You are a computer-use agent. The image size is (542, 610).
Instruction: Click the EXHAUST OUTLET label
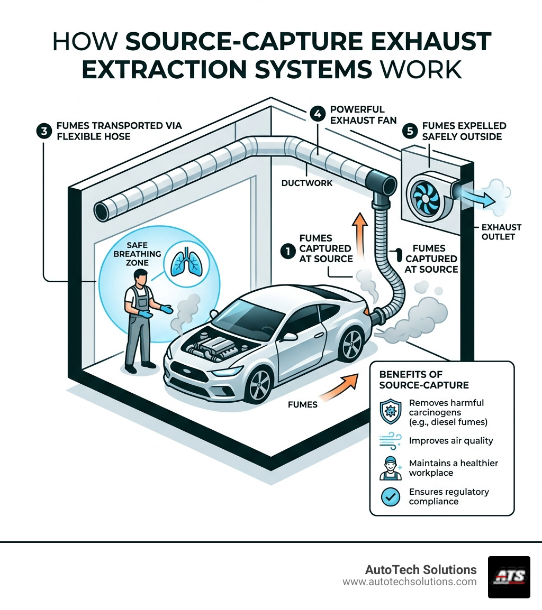tap(501, 232)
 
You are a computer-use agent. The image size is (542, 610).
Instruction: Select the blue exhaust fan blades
tap(424, 194)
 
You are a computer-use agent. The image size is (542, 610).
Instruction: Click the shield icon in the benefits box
tap(391, 411)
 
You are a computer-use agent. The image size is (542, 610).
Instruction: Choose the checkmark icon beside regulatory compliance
tap(391, 497)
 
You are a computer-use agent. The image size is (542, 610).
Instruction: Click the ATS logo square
tap(509, 577)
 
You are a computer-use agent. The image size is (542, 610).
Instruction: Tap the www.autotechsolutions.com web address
tap(409, 582)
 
